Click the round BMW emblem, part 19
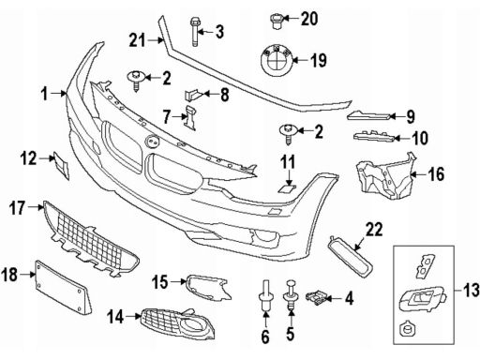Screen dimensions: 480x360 click(x=277, y=60)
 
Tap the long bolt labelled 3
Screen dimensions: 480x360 click(x=194, y=32)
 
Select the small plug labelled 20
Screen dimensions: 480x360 click(x=276, y=21)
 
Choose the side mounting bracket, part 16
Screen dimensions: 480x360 click(x=386, y=176)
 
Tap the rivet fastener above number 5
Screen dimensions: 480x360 click(x=291, y=294)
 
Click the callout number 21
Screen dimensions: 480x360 click(x=138, y=40)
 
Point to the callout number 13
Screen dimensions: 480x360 click(x=471, y=290)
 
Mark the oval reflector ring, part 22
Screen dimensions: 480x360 click(x=350, y=257)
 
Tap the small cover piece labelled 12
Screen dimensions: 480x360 click(x=61, y=165)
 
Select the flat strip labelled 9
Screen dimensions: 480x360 click(x=368, y=116)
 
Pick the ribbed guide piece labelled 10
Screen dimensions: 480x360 click(x=373, y=136)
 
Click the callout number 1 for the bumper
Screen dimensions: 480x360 click(x=45, y=94)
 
